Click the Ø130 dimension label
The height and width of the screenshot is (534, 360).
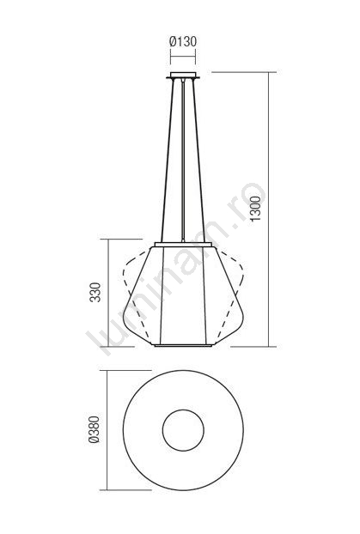click(x=183, y=41)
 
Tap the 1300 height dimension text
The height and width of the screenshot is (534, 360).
click(x=256, y=209)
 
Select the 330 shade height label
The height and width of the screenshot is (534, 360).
click(x=95, y=292)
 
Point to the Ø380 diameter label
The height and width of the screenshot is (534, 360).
click(x=94, y=429)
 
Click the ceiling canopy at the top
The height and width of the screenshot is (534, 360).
click(x=183, y=76)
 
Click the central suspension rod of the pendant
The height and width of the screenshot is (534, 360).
click(x=183, y=161)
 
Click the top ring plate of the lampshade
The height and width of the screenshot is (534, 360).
click(x=183, y=244)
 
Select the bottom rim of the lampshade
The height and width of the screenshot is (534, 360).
click(x=183, y=345)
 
